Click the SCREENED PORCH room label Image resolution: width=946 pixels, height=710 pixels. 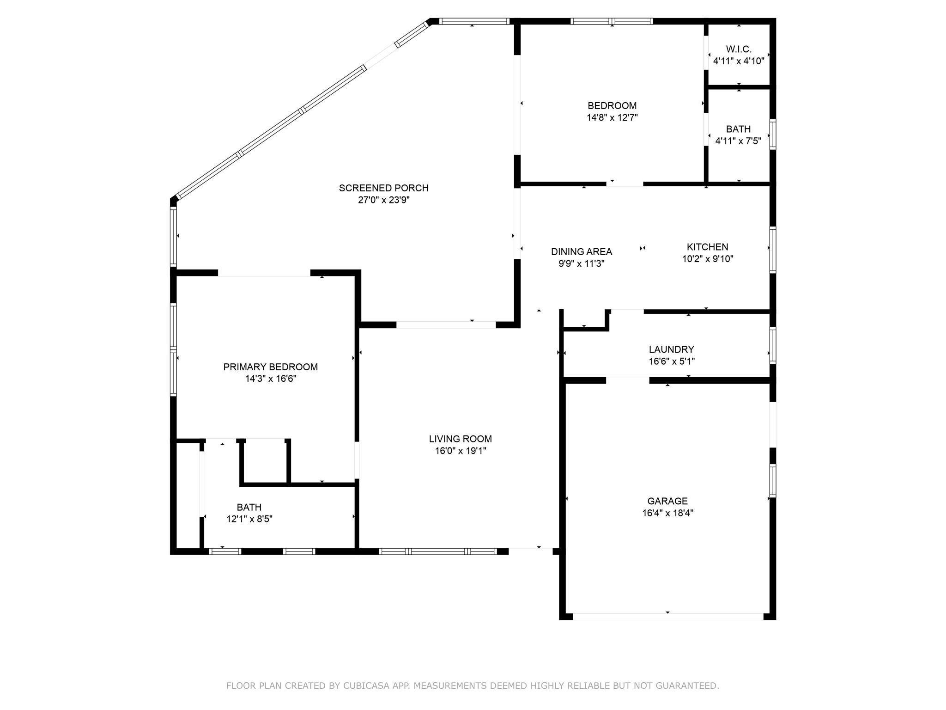(x=383, y=188)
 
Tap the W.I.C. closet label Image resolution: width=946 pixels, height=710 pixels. (x=739, y=49)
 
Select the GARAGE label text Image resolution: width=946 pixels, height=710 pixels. (x=667, y=501)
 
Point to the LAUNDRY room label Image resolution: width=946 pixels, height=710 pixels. (x=671, y=349)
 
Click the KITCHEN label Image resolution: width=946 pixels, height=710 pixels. (x=707, y=247)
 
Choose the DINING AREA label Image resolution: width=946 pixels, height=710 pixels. (x=581, y=252)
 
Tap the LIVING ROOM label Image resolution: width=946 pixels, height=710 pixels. (x=460, y=439)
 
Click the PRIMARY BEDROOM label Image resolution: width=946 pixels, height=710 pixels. (x=270, y=367)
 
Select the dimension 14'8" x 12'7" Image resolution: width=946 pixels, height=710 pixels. (x=612, y=118)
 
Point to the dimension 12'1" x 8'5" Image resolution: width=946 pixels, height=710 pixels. (x=249, y=519)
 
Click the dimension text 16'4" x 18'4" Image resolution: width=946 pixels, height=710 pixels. (x=667, y=513)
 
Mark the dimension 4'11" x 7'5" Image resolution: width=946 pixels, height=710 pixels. (x=738, y=141)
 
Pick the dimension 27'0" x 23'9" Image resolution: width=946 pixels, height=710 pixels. (x=383, y=200)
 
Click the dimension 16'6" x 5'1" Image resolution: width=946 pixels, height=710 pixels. (x=671, y=361)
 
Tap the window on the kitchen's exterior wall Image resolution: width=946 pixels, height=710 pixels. (x=772, y=250)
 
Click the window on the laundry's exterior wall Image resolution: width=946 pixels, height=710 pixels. (x=772, y=345)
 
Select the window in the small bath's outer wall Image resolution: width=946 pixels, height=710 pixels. (x=772, y=134)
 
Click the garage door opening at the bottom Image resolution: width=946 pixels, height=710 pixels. (x=668, y=617)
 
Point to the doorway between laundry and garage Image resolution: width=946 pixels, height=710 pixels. (x=628, y=380)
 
